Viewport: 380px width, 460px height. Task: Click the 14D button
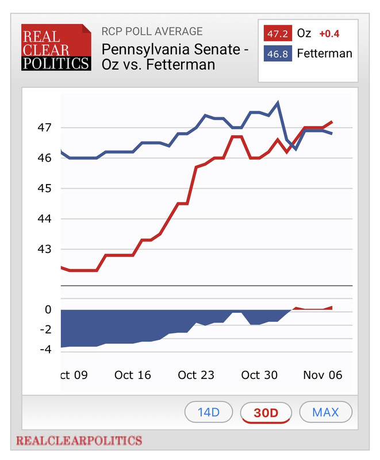coord(209,412)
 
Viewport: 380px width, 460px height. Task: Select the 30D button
coord(266,412)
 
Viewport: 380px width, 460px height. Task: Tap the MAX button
coord(325,412)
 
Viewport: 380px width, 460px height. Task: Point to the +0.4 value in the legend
coord(329,33)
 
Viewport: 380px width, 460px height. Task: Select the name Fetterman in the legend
coord(324,54)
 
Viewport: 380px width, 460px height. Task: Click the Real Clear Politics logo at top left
coord(56,47)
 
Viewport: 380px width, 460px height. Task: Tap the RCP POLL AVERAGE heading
coord(152,31)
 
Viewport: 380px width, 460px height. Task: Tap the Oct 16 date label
coord(133,375)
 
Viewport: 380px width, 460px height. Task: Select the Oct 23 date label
coord(196,375)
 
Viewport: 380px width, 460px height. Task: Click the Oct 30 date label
coord(259,375)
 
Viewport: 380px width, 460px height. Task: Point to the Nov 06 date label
coord(323,375)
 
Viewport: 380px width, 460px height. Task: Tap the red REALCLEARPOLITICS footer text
coord(79,441)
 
